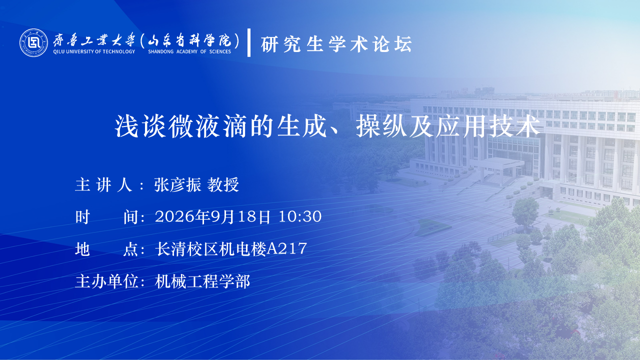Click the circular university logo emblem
point(33,42)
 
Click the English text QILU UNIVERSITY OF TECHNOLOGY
point(94,51)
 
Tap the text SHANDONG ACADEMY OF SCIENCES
point(189,51)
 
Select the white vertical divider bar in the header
point(249,42)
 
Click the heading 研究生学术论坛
point(336,44)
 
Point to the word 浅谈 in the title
point(140,126)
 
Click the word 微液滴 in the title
point(207,126)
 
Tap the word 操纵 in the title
point(381,126)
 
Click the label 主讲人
point(103,184)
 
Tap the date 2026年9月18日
point(212,216)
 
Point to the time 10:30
point(300,216)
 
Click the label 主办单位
point(107,281)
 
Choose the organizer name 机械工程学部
point(202,281)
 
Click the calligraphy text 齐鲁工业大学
point(94,39)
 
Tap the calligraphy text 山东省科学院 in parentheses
point(189,40)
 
